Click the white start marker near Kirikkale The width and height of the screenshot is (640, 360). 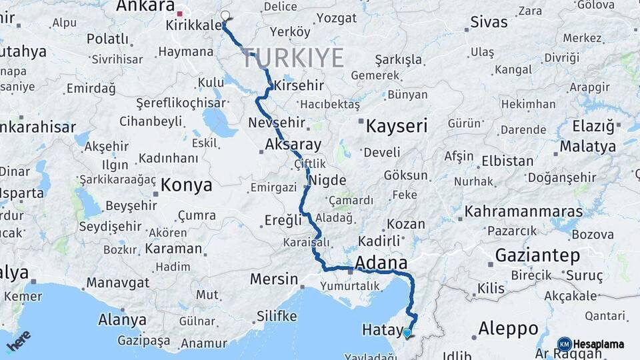225,17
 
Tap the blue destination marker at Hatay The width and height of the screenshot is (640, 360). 407,332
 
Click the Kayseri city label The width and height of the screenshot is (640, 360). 397,125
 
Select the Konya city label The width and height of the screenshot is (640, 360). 186,185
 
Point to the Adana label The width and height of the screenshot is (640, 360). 381,261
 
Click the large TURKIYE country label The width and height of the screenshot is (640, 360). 293,58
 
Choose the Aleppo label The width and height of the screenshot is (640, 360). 508,328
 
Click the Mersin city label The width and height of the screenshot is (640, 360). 273,279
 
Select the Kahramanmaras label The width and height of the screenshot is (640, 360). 523,212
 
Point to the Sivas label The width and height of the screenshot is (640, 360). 489,22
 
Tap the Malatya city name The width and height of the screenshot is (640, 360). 587,146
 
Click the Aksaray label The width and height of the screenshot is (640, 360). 293,144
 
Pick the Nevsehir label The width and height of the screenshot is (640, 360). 276,123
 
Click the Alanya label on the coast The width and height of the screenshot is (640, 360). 122,319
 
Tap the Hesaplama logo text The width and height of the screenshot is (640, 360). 598,344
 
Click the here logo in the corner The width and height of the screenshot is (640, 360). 19,341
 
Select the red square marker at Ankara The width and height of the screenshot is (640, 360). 180,13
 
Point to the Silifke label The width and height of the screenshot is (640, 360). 276,317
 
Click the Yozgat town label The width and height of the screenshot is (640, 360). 336,18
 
